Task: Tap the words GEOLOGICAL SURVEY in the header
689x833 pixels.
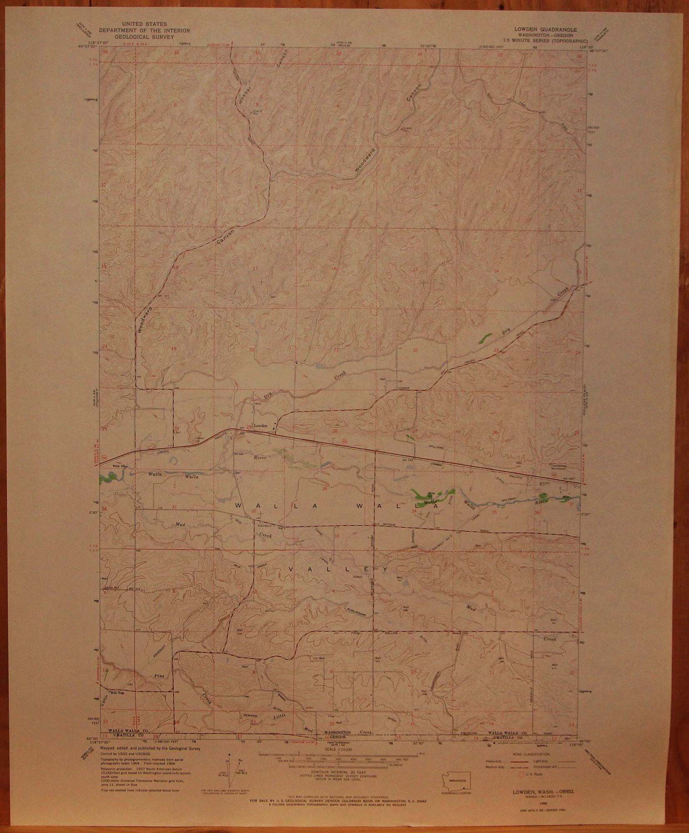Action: click(x=144, y=36)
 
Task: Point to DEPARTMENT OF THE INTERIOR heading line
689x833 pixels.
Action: click(x=144, y=30)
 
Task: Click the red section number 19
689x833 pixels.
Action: click(x=174, y=348)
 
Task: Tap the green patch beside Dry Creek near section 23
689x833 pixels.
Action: click(x=484, y=337)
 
